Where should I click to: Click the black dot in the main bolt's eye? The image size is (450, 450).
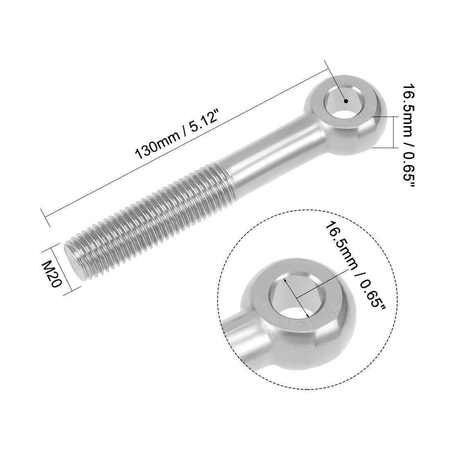coord(346,101)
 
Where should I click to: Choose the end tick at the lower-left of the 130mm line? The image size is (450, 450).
coord(45,217)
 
